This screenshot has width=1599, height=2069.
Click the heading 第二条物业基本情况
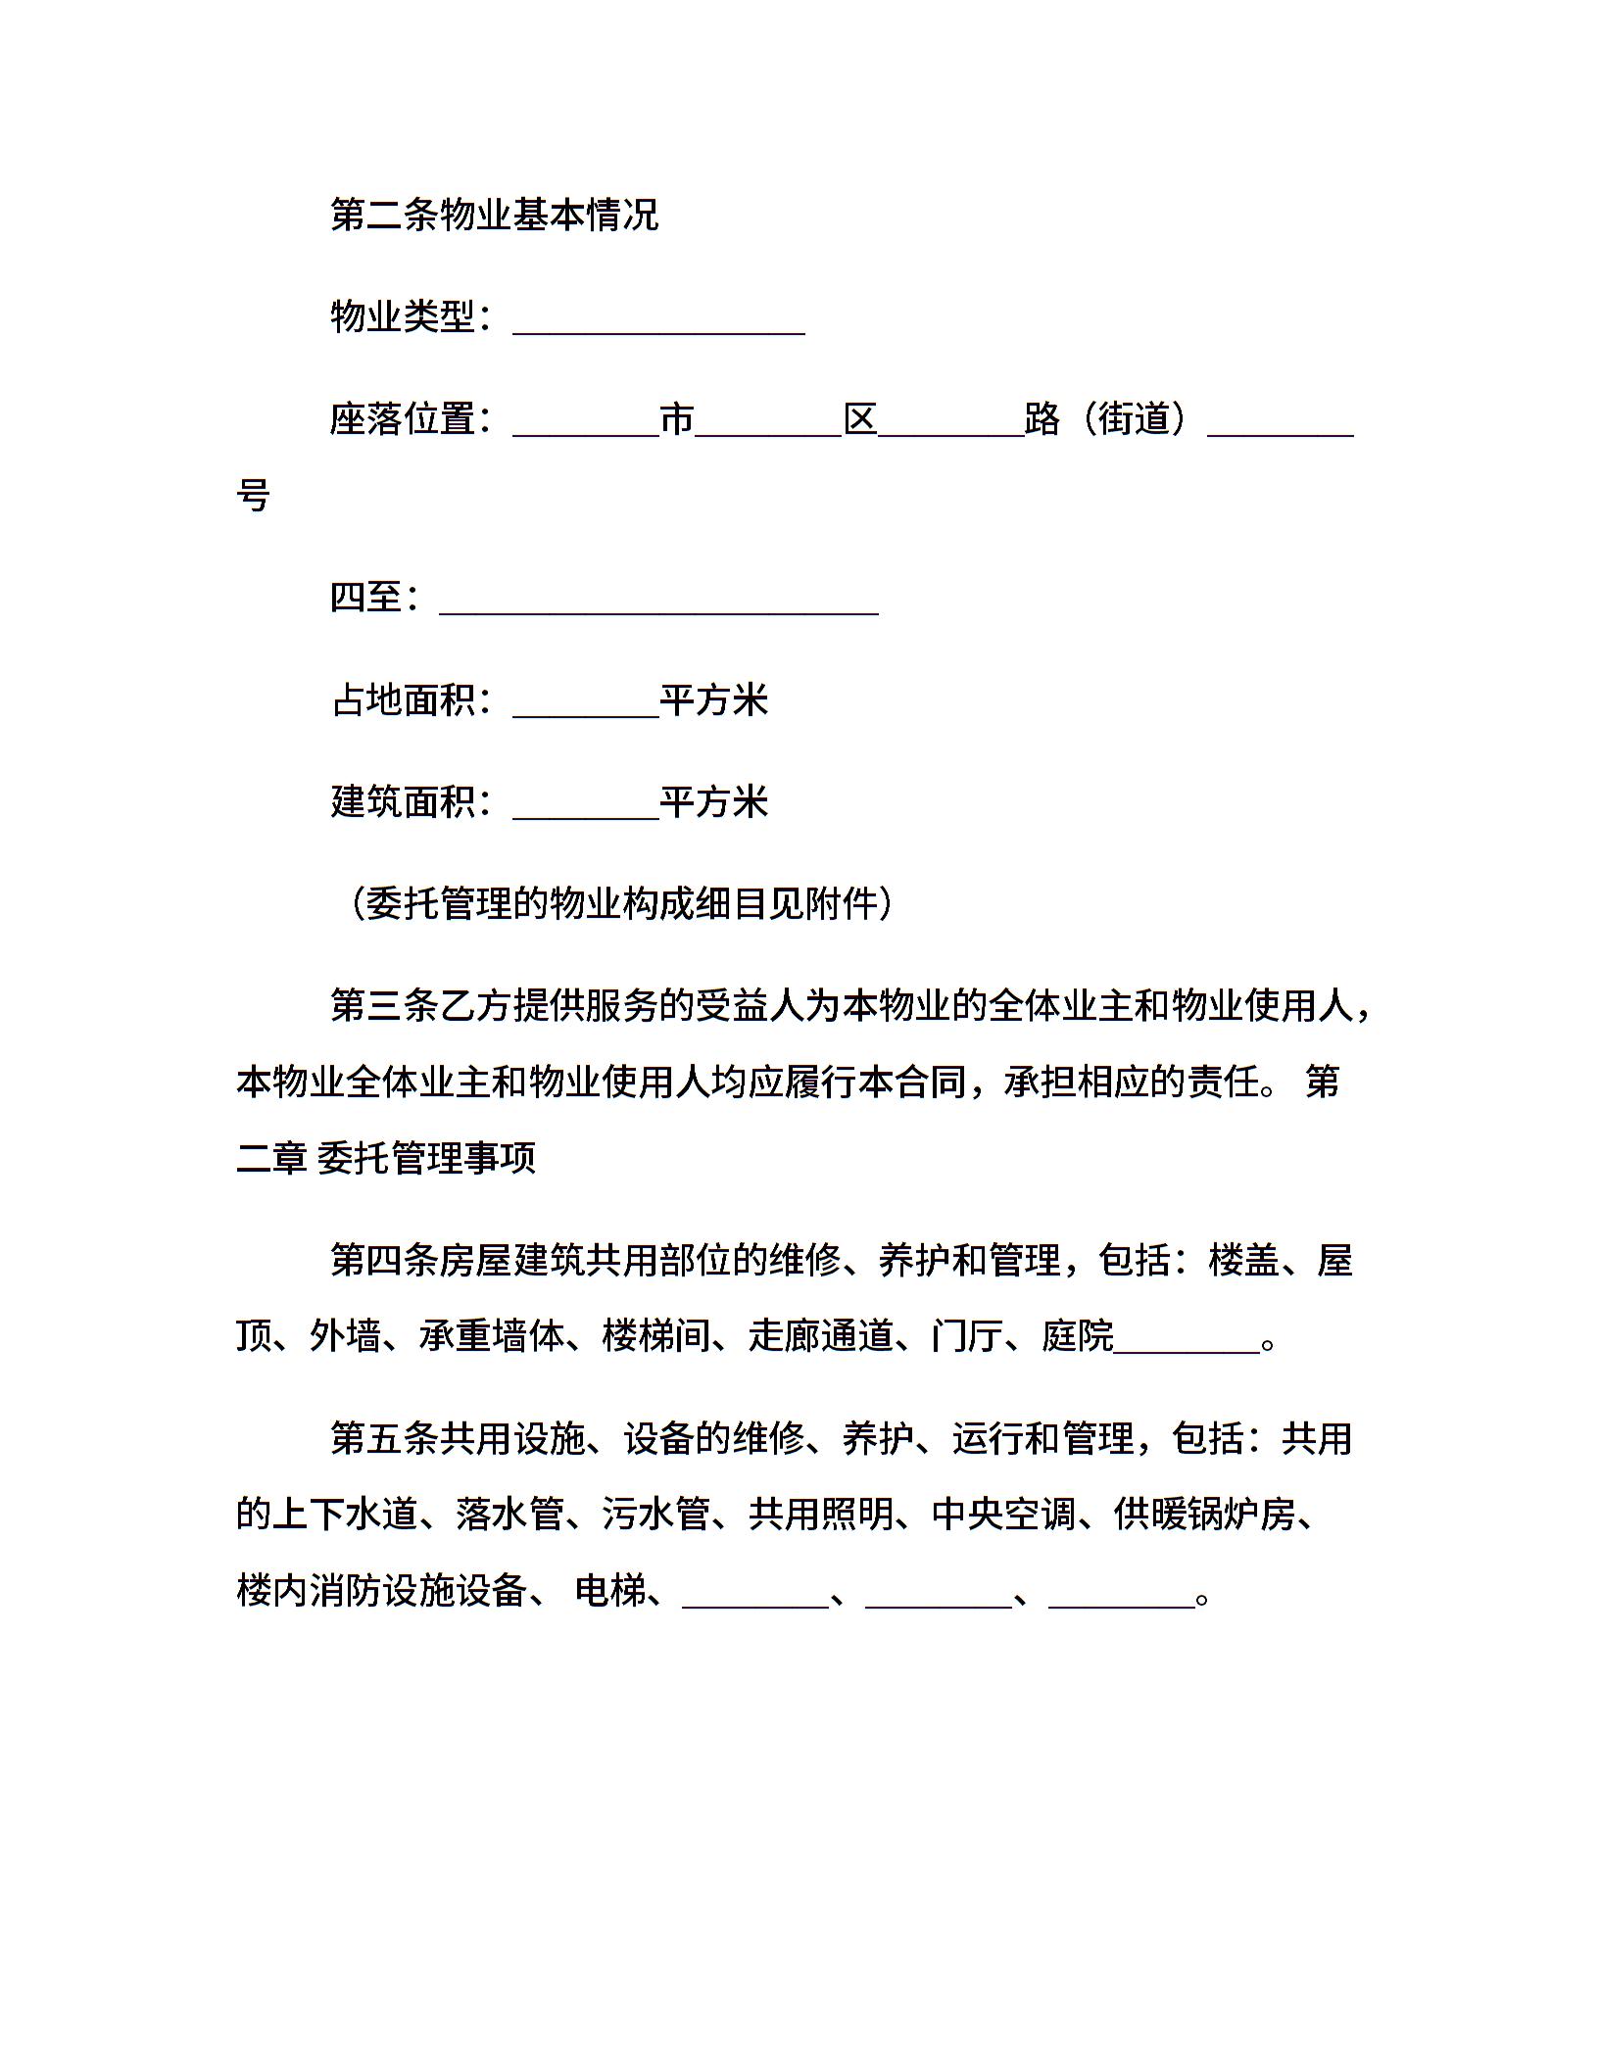coord(494,215)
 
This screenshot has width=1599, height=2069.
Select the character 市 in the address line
coord(677,419)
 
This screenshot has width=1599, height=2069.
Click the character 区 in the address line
coord(860,419)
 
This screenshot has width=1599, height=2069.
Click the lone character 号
coord(254,495)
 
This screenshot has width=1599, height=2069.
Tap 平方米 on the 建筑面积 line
coord(713,801)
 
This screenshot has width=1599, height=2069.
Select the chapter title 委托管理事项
coord(427,1158)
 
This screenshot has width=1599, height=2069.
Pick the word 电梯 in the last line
coord(609,1591)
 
